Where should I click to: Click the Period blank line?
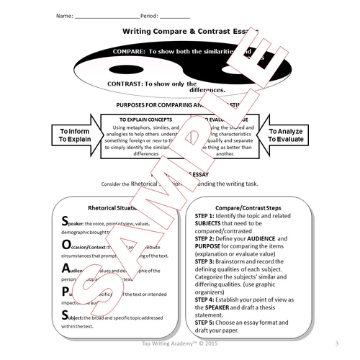176,16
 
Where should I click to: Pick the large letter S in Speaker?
66,221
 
